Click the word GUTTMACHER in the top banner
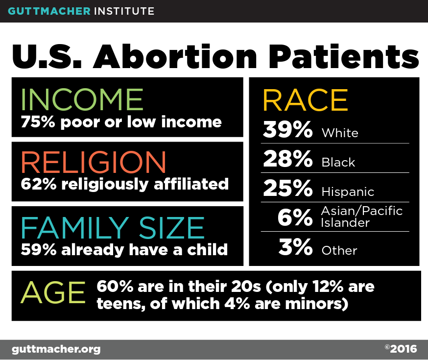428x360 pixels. click(49, 11)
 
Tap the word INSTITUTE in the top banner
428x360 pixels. click(124, 11)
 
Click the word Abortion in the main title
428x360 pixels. click(175, 56)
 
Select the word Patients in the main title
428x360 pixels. click(344, 56)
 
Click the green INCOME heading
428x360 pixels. click(82, 99)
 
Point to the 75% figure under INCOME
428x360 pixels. click(38, 122)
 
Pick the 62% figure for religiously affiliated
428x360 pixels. click(39, 184)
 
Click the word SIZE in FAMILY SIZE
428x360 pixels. click(172, 228)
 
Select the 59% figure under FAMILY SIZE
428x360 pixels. click(39, 250)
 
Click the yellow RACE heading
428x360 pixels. click(306, 100)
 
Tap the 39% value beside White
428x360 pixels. click(287, 129)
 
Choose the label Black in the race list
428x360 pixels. click(338, 163)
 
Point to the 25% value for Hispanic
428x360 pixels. click(288, 188)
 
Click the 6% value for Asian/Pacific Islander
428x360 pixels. click(295, 217)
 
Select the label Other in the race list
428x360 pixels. click(339, 251)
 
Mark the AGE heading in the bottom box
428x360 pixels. click(53, 292)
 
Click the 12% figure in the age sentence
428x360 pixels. click(328, 287)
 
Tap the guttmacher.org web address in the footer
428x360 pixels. click(56, 350)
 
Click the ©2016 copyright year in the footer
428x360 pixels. click(401, 349)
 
